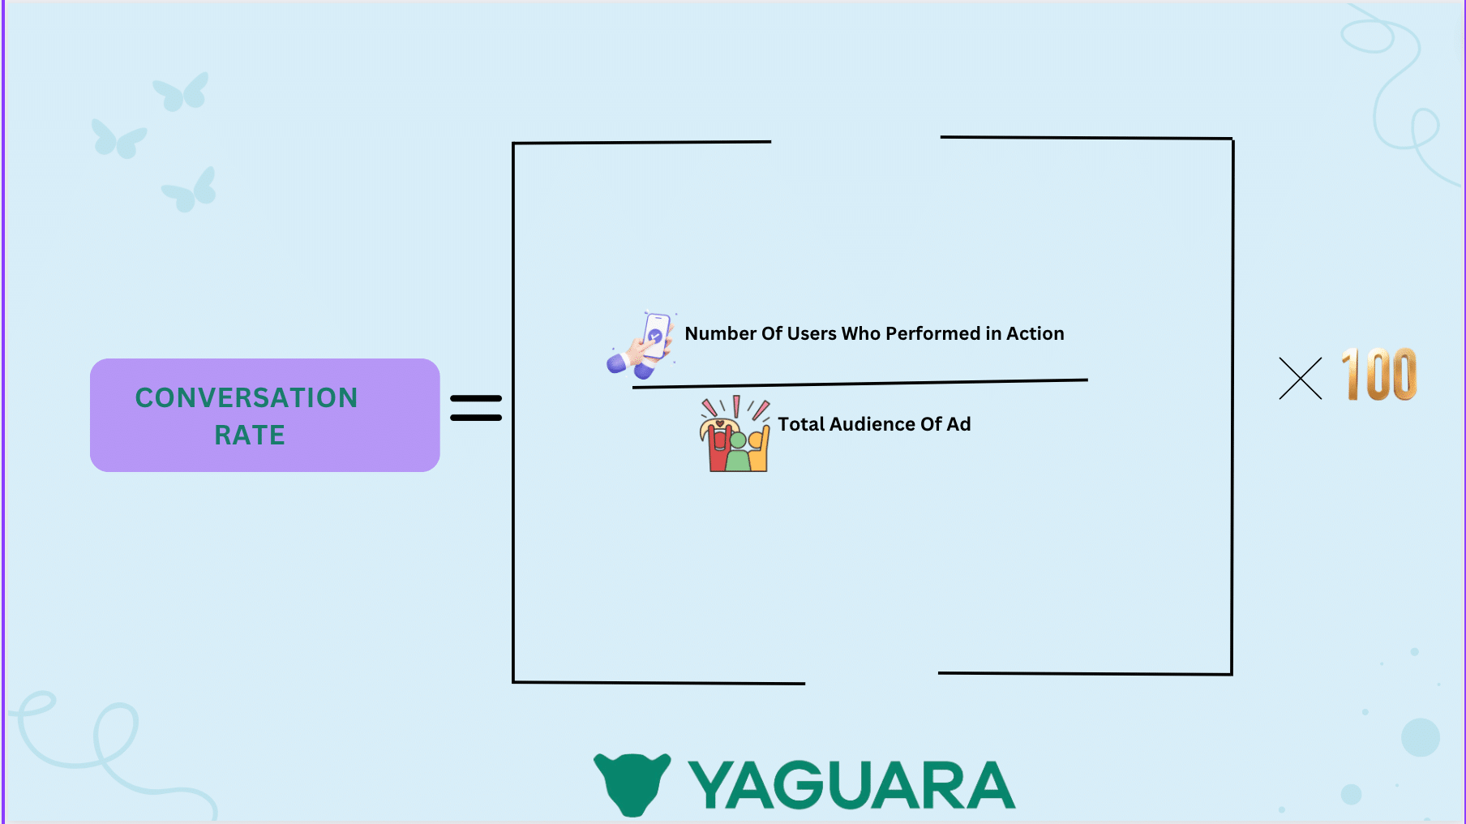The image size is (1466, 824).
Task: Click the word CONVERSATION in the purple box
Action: pyautogui.click(x=246, y=397)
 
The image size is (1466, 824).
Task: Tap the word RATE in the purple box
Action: pyautogui.click(x=250, y=435)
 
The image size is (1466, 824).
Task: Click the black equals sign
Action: pyautogui.click(x=476, y=408)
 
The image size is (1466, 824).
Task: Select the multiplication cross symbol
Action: pyautogui.click(x=1300, y=379)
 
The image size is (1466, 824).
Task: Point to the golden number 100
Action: pyautogui.click(x=1378, y=375)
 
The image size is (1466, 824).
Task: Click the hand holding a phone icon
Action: pyautogui.click(x=643, y=345)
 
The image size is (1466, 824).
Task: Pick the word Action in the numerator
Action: pyautogui.click(x=1035, y=333)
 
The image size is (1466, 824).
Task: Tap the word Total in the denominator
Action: pyautogui.click(x=801, y=424)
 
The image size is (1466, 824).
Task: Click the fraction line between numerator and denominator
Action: pyautogui.click(x=859, y=384)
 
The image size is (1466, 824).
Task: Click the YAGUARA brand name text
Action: pyautogui.click(x=851, y=785)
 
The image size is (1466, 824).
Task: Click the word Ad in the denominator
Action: pyautogui.click(x=958, y=424)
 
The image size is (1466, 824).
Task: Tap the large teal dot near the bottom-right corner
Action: pyautogui.click(x=1420, y=737)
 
